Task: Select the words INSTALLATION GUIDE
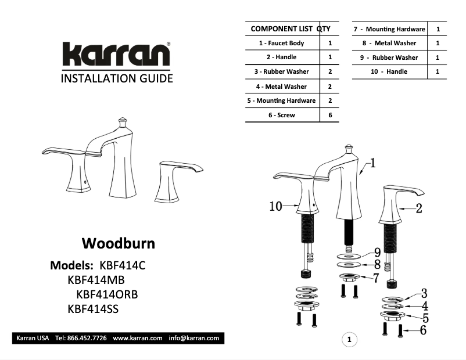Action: pos(117,78)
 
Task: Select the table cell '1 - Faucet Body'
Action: pos(282,43)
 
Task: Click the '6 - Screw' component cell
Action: pos(282,115)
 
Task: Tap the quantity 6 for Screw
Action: pos(330,115)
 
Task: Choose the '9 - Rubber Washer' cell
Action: pos(389,57)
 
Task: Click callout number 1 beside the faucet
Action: pos(372,163)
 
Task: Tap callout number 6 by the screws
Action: pos(422,330)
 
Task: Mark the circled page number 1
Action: pos(349,339)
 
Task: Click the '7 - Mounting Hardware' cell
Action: pos(389,28)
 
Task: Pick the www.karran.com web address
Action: pos(138,338)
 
